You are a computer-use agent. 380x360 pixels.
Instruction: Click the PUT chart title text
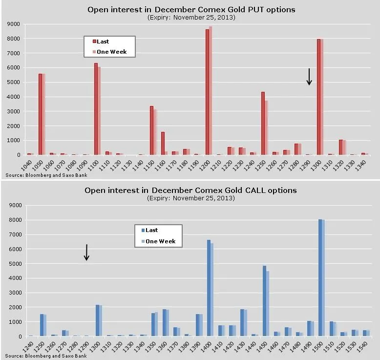click(x=191, y=9)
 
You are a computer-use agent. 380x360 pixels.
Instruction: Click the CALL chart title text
click(x=190, y=190)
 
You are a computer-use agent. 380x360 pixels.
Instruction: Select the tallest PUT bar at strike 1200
click(x=208, y=93)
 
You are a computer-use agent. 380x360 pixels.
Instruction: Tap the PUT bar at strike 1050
click(x=41, y=115)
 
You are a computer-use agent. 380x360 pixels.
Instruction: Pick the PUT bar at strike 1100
click(x=96, y=110)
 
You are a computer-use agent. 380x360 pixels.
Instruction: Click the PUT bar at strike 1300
click(x=319, y=98)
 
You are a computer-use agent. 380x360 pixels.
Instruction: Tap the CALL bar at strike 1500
click(x=320, y=278)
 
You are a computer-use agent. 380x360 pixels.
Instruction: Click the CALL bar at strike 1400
click(x=209, y=288)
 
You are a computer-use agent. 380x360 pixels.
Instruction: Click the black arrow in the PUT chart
click(x=309, y=77)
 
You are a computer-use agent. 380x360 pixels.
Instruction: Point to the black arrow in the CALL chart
click(x=86, y=252)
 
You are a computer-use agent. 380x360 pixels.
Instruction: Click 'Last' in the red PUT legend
click(x=103, y=42)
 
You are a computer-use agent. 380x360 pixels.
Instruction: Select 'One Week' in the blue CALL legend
click(x=160, y=241)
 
